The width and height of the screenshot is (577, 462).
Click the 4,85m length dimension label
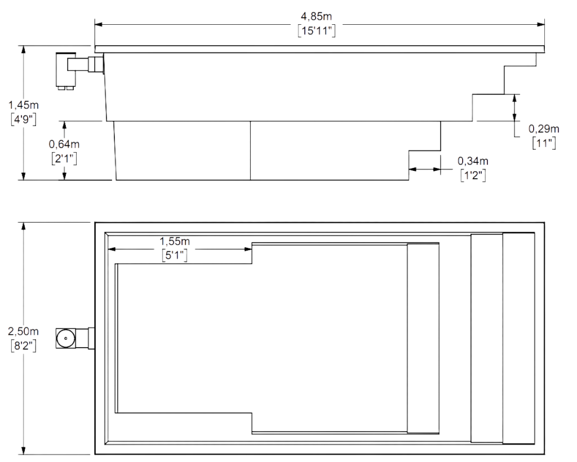(317, 16)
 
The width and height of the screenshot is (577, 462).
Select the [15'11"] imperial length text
(317, 30)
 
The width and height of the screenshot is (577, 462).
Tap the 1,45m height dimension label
(24, 105)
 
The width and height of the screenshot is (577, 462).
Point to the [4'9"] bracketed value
(24, 119)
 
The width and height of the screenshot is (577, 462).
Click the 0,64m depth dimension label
(64, 144)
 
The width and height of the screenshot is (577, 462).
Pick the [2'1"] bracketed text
(64, 158)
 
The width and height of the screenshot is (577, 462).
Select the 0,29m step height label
(544, 129)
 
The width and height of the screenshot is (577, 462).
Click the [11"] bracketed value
(544, 143)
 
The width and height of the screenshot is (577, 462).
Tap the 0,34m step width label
(473, 161)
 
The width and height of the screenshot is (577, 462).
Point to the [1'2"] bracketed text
(473, 175)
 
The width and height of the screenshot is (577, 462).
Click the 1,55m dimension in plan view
(175, 241)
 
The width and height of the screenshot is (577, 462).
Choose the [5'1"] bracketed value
(175, 255)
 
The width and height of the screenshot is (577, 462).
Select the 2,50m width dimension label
(23, 331)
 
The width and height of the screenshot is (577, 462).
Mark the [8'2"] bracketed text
(23, 346)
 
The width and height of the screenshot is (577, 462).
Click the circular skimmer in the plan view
(65, 339)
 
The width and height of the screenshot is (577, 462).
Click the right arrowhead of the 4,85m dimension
(540, 25)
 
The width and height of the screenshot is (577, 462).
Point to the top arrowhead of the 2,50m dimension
(24, 226)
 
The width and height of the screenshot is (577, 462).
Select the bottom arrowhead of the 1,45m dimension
(24, 176)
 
